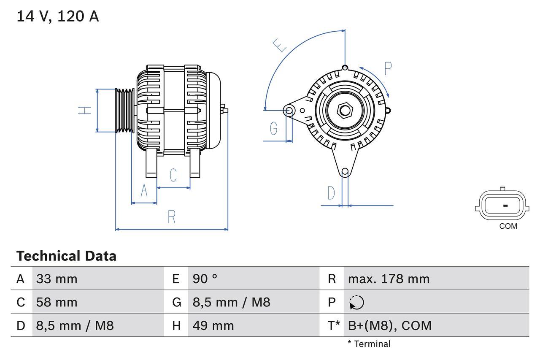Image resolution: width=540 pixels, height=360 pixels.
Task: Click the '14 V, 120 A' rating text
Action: [57, 16]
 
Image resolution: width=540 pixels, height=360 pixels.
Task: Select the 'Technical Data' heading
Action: [66, 256]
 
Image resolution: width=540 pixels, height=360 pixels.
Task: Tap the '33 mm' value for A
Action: [57, 279]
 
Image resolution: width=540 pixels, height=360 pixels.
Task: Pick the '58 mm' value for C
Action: [57, 302]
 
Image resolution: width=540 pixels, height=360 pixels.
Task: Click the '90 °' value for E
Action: [205, 279]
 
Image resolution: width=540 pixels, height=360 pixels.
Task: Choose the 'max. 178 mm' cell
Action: [389, 279]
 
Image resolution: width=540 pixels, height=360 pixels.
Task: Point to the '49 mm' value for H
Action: [213, 325]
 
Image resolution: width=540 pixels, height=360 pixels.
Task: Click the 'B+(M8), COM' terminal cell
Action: [390, 325]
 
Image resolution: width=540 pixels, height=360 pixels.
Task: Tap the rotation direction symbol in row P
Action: [356, 303]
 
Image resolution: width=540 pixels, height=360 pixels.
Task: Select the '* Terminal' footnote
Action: [369, 344]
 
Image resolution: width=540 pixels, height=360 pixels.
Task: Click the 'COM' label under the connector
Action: [508, 226]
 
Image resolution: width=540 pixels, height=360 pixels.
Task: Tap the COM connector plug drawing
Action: [502, 206]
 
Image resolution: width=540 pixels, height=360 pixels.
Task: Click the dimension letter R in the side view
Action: [171, 217]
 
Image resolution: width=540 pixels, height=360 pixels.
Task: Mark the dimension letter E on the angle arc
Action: [280, 45]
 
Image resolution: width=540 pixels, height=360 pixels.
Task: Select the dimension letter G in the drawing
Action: [274, 128]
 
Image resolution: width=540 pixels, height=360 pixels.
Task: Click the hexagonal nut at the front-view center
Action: [345, 111]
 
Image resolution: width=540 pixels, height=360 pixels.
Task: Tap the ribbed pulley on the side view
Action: [125, 111]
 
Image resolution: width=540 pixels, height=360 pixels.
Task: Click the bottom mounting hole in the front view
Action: [345, 171]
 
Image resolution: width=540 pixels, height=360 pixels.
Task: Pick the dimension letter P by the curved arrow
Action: [388, 68]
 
